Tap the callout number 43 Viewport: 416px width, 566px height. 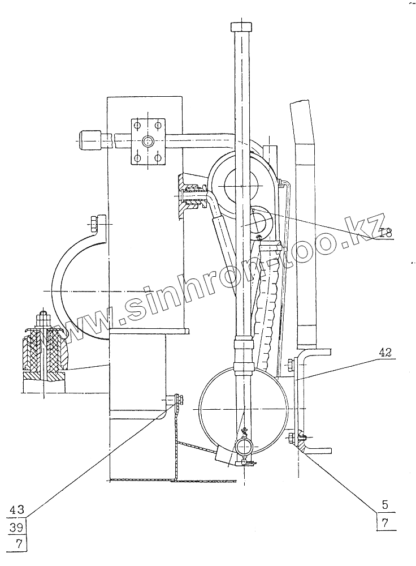coord(17,509)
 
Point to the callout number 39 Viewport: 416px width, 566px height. coord(17,528)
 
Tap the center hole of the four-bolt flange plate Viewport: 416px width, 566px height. coord(148,141)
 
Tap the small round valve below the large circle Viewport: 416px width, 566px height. coord(245,448)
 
